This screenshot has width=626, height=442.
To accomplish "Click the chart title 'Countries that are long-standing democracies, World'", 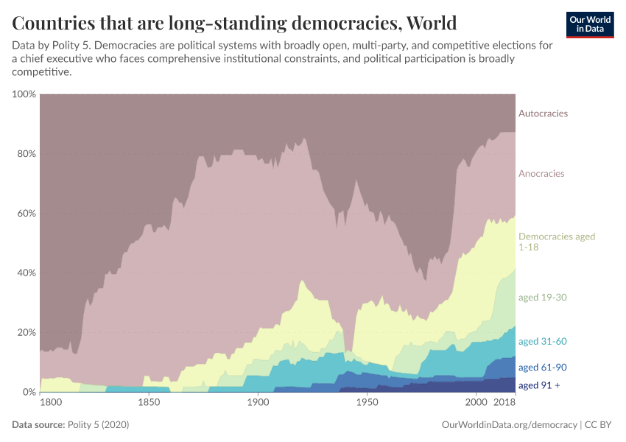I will pyautogui.click(x=234, y=22).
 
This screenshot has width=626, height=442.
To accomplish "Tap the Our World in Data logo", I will pyautogui.click(x=590, y=24).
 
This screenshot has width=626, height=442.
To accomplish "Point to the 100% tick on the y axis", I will pyautogui.click(x=24, y=94).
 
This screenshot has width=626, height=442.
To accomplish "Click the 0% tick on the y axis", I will pyautogui.click(x=29, y=392).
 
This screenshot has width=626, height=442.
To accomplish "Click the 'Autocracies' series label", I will pyautogui.click(x=543, y=113).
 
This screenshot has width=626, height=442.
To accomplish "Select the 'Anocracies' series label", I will pyautogui.click(x=541, y=174).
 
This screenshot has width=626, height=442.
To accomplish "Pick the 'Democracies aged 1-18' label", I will pyautogui.click(x=556, y=242).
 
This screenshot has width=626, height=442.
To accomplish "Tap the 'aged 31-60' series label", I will pyautogui.click(x=542, y=342).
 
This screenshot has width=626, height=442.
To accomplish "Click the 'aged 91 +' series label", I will pyautogui.click(x=539, y=385).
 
